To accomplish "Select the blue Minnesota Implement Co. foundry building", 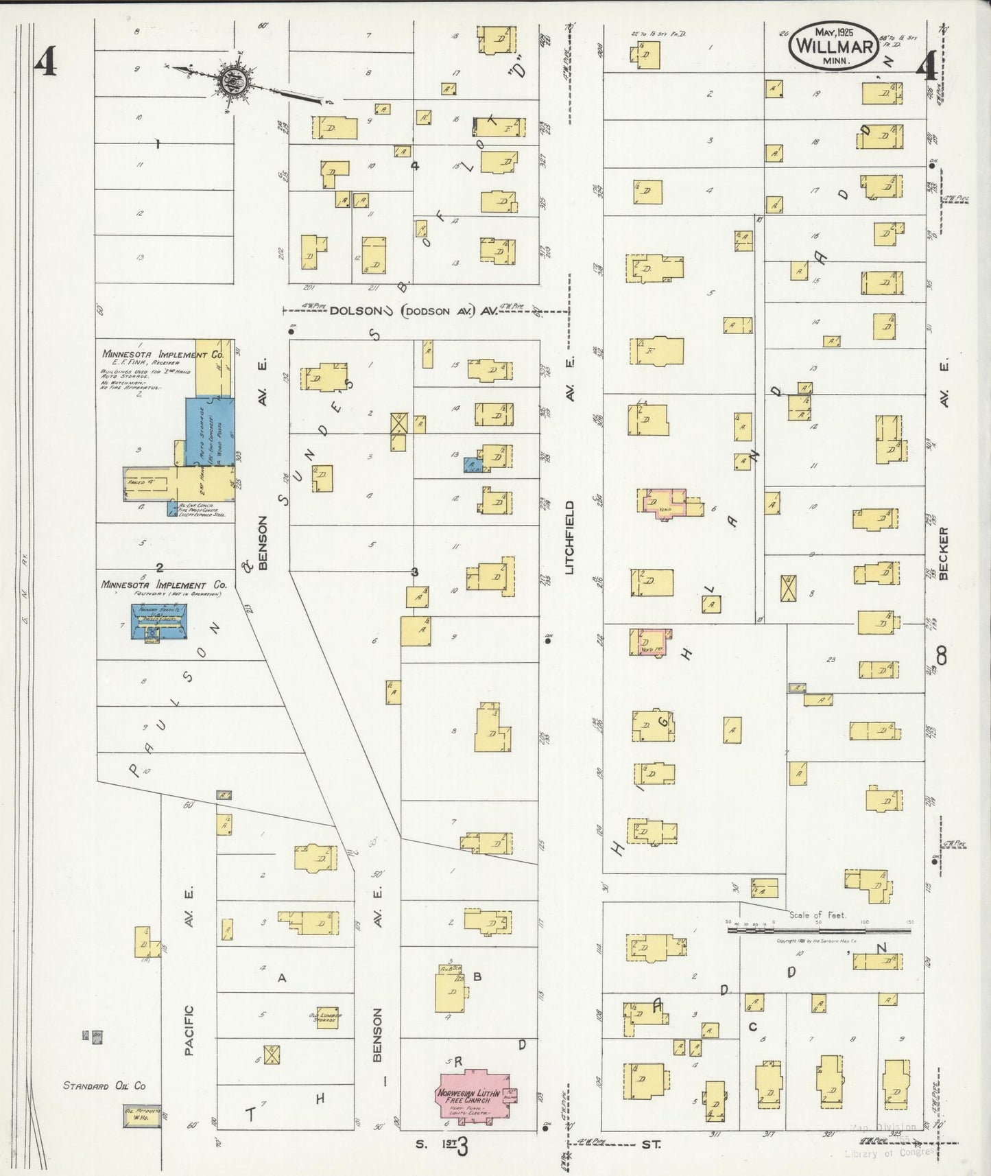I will [159, 622].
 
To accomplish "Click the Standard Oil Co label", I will [104, 1086].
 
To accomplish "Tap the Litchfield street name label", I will [570, 537].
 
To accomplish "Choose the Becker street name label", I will [944, 553].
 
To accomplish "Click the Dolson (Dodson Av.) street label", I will [414, 311].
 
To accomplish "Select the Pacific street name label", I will [189, 1030].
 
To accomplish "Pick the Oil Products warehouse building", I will [143, 1116].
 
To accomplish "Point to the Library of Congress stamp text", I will [889, 1152].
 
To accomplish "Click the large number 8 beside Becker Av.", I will [942, 657].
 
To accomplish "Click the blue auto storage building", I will [209, 432].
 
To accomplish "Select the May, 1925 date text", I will [833, 32].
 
